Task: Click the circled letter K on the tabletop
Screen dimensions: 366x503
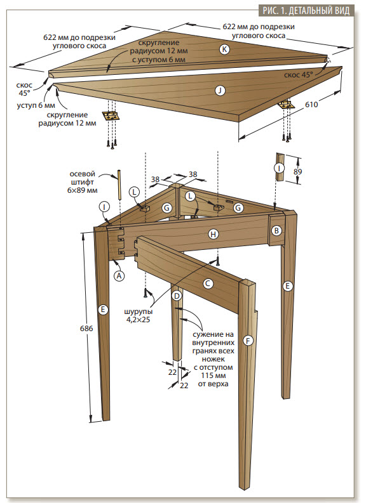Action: click(224, 49)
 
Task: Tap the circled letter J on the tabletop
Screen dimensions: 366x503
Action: click(220, 91)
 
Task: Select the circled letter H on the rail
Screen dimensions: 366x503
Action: click(213, 234)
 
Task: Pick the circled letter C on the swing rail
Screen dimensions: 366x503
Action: click(208, 284)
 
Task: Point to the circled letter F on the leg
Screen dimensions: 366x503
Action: click(248, 341)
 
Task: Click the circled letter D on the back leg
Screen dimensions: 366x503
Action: click(177, 296)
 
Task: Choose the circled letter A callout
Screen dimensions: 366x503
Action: click(119, 275)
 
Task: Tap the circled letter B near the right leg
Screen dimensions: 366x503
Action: click(276, 230)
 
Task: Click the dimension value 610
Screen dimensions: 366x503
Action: click(311, 105)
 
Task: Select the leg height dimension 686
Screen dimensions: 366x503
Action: click(86, 328)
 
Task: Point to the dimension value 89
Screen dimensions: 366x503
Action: click(297, 171)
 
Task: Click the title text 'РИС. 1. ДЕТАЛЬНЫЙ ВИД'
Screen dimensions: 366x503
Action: click(306, 10)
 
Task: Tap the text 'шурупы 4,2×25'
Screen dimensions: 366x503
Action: click(139, 315)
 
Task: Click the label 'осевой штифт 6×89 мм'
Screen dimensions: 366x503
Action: click(82, 182)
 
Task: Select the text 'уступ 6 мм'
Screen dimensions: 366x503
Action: click(36, 105)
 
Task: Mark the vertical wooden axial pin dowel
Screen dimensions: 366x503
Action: click(120, 185)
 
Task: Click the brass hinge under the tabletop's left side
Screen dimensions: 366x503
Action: click(111, 116)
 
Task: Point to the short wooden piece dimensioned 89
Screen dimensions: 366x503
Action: click(279, 167)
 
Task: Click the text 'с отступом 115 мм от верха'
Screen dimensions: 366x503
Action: click(213, 376)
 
